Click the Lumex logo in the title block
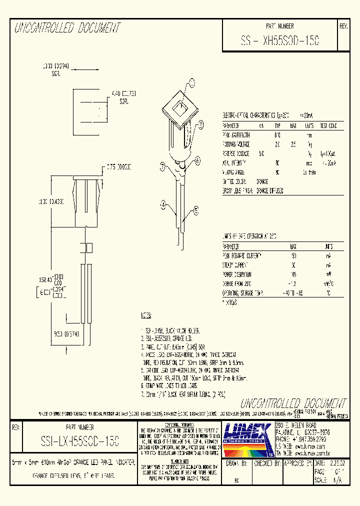(x=247, y=438)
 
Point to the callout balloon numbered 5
(x=196, y=210)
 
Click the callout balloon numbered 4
(x=163, y=203)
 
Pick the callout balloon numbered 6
(x=198, y=160)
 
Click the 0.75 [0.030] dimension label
(x=118, y=167)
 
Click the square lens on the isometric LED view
(x=177, y=106)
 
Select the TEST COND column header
(x=328, y=126)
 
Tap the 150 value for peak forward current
(x=293, y=256)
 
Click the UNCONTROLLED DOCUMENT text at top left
(x=67, y=28)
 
